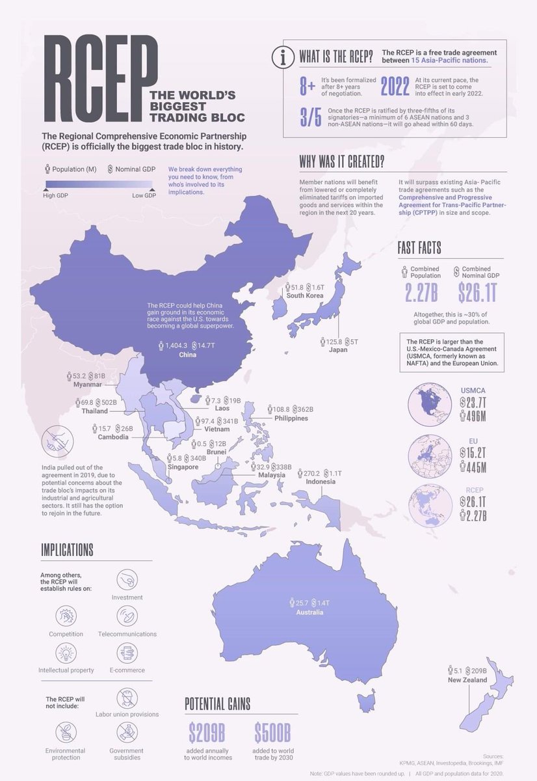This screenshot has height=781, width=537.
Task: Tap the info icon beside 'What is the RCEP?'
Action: point(283,58)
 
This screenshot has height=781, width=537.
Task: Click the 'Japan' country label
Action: point(338,349)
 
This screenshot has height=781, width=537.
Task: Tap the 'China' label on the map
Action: point(188,355)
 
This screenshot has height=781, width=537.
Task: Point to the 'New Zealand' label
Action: point(467,679)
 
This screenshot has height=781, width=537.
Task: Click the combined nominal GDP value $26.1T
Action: point(477,293)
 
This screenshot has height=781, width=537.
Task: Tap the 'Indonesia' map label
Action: point(321,482)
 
